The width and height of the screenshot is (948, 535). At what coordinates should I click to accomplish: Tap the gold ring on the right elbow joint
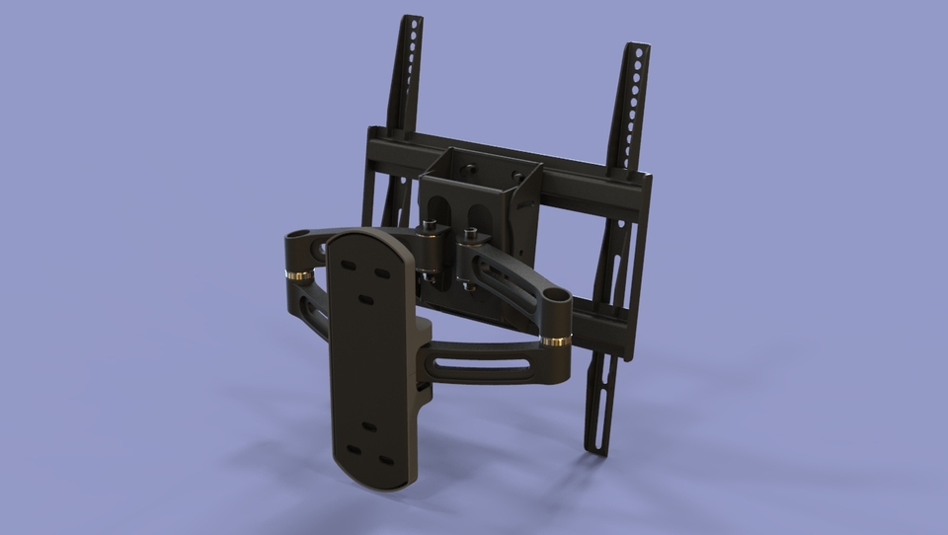555,342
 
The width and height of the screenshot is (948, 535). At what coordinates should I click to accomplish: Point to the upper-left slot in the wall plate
348,265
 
